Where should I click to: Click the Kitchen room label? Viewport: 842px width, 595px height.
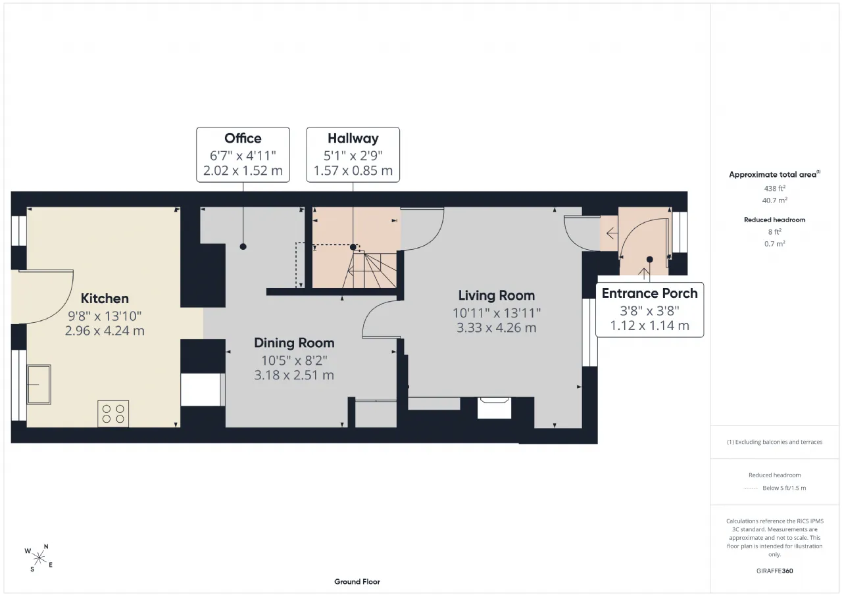tap(105, 298)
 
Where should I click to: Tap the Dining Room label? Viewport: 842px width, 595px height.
tap(294, 343)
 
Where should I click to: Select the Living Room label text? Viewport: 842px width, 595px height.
tap(496, 296)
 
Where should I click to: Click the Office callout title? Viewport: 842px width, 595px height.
tap(243, 138)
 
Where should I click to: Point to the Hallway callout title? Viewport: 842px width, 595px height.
tap(353, 139)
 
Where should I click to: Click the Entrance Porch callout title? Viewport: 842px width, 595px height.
tap(649, 293)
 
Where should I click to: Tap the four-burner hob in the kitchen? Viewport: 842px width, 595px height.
tap(113, 414)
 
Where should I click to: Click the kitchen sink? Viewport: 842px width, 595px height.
tap(39, 384)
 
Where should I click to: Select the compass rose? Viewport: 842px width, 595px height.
tap(39, 558)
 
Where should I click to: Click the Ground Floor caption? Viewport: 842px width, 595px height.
tap(357, 582)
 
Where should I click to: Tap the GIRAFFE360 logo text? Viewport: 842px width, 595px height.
tap(775, 571)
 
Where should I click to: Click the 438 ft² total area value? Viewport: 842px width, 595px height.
tap(775, 188)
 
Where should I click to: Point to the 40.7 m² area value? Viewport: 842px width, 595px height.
tap(775, 201)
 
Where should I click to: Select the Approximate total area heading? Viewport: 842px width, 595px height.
tap(775, 174)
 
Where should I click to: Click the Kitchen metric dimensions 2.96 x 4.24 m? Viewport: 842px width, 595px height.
tap(105, 331)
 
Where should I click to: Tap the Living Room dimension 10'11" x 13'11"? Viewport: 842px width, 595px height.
tap(496, 313)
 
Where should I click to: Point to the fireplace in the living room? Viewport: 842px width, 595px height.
tap(494, 408)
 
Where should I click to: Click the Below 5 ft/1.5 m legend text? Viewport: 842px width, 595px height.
tap(784, 488)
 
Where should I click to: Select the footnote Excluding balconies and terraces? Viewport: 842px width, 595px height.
tap(775, 442)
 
